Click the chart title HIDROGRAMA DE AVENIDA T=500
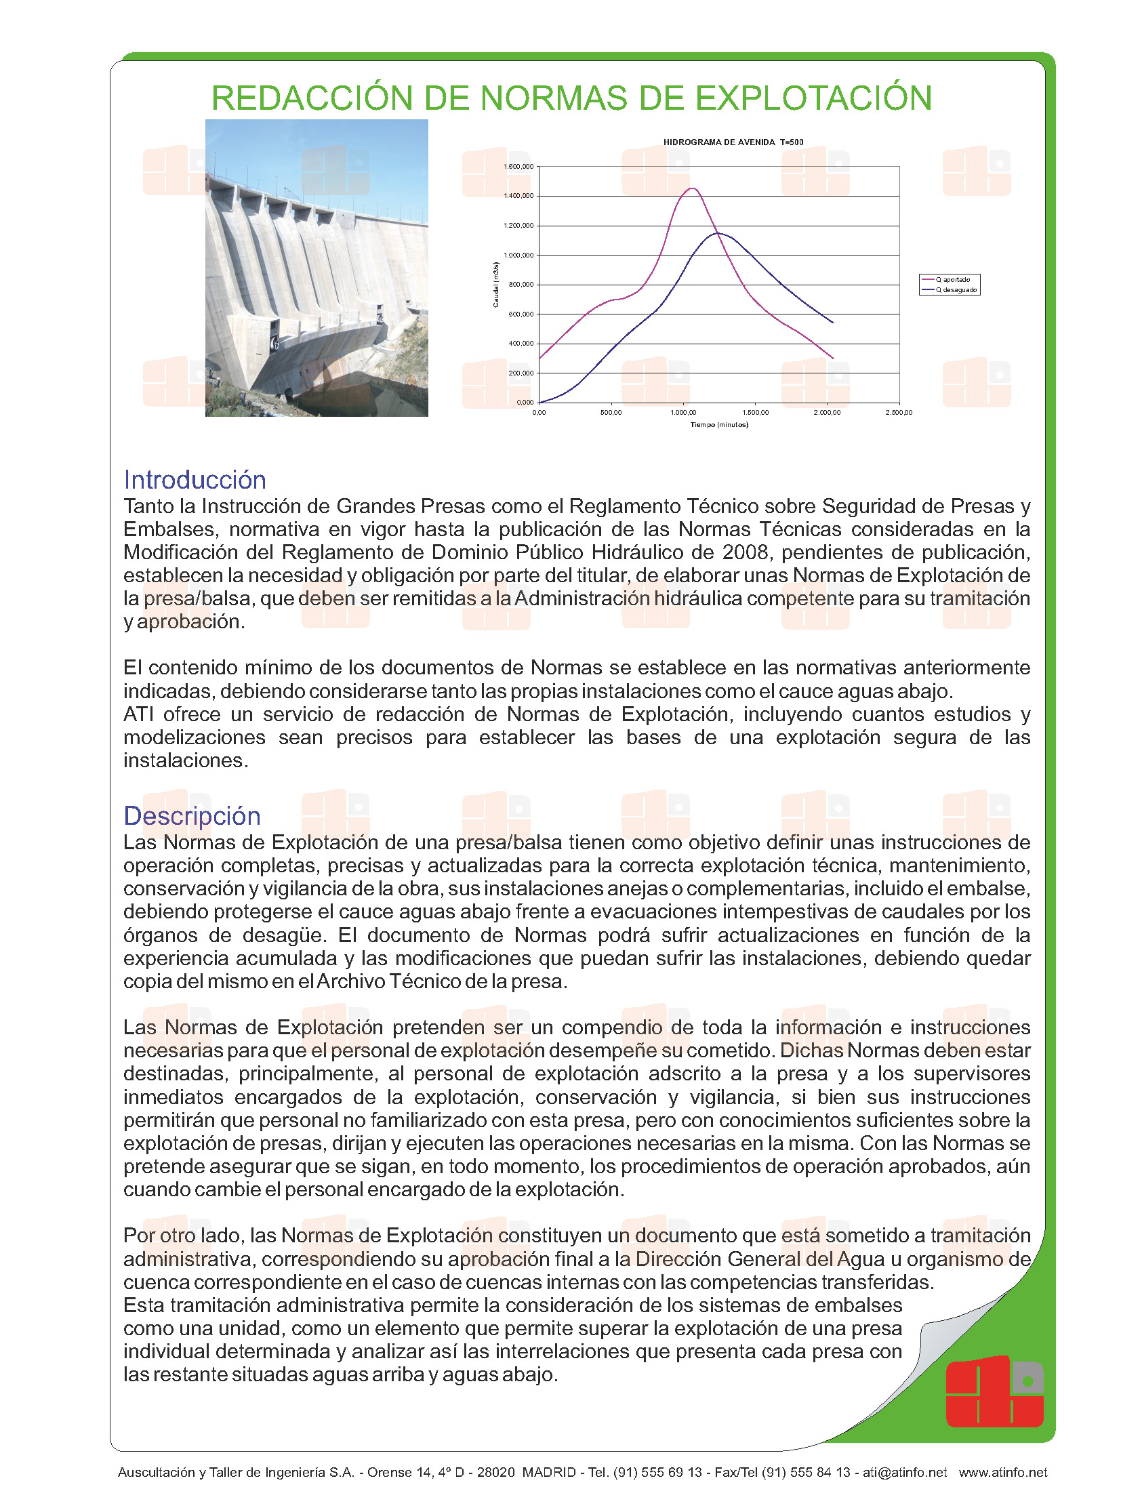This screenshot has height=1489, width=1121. click(x=733, y=142)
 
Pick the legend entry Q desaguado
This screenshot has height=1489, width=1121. click(x=956, y=290)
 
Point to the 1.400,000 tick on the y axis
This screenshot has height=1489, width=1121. click(x=518, y=196)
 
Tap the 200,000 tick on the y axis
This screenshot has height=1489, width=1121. click(x=521, y=373)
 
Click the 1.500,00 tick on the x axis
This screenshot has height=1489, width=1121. click(x=755, y=412)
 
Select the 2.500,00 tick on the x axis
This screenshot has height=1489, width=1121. click(x=899, y=412)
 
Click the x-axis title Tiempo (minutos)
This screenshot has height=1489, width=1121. click(x=719, y=425)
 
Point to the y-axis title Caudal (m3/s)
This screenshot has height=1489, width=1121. click(x=495, y=285)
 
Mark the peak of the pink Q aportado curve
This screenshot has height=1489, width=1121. click(x=692, y=188)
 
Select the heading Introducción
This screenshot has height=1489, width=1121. click(x=195, y=480)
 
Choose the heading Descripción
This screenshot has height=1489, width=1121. click(x=192, y=816)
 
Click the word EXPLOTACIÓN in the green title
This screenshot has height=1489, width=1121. click(x=813, y=98)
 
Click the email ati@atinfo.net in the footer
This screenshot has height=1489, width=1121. click(x=904, y=1472)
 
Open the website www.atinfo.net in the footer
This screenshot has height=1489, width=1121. click(x=1002, y=1472)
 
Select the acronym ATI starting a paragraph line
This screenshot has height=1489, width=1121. click(x=138, y=714)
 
